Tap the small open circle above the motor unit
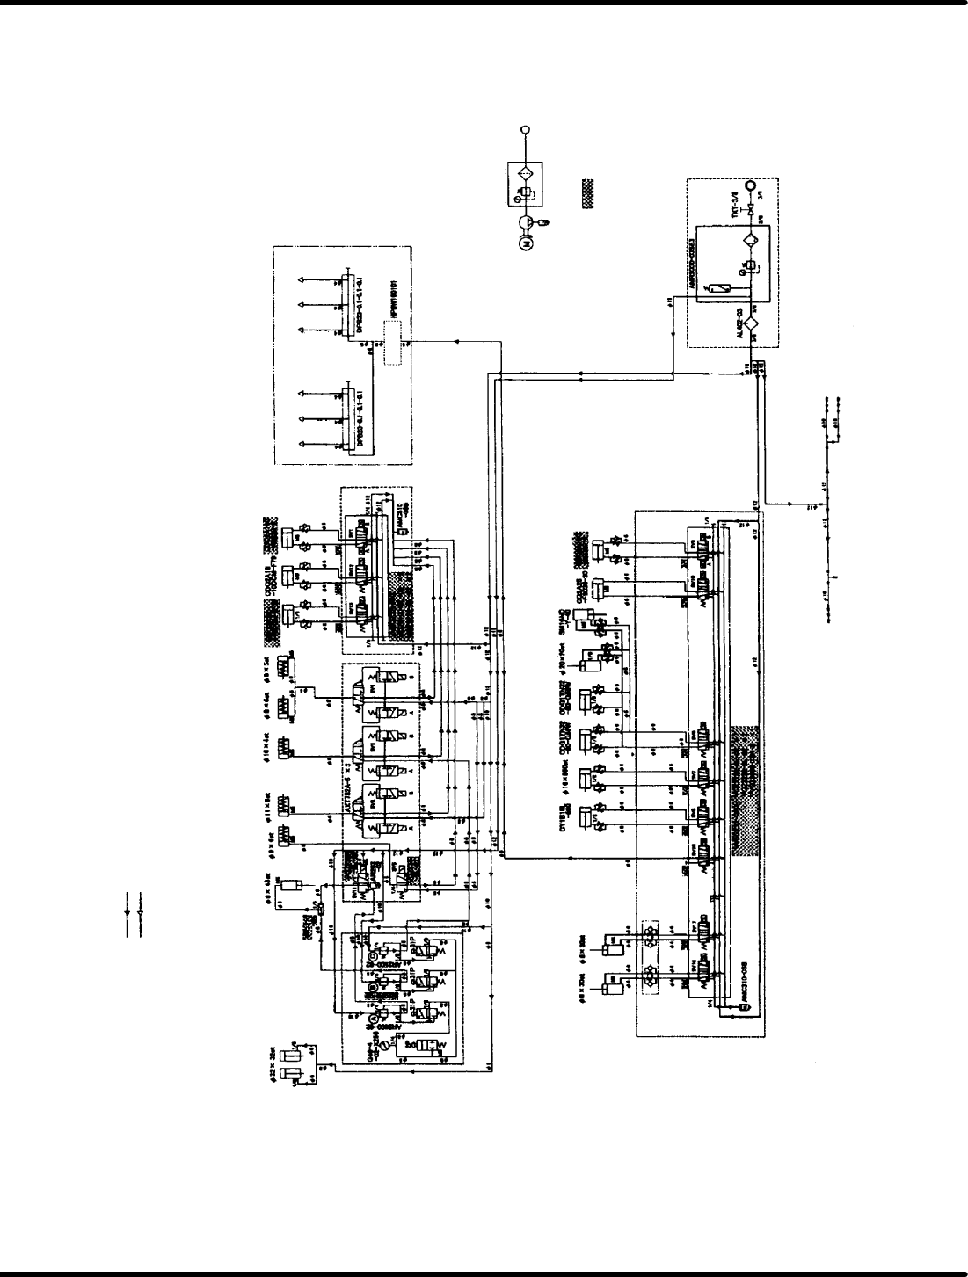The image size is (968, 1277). (x=526, y=129)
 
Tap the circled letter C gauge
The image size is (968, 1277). (x=372, y=956)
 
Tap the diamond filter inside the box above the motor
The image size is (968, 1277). (x=526, y=173)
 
